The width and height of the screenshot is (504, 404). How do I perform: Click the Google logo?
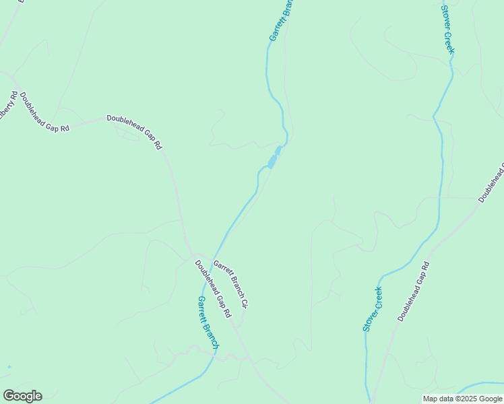(22, 395)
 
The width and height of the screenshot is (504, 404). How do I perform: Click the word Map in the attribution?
(431, 399)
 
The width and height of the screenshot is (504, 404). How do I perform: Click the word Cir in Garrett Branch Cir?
(243, 303)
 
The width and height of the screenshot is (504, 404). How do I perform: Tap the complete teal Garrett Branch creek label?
(208, 322)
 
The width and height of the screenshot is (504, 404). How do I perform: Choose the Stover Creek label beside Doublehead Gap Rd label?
(373, 308)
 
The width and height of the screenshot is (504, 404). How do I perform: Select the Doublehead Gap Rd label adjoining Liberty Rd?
(44, 112)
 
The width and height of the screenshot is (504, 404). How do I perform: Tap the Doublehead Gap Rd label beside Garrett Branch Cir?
(213, 289)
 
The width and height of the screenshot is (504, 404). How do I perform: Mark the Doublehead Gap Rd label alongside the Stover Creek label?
(413, 292)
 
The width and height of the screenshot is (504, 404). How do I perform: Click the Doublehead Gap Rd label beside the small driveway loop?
(135, 131)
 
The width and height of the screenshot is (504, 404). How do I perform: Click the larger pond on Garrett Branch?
(272, 162)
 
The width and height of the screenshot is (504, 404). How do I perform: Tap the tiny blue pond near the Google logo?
(9, 367)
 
